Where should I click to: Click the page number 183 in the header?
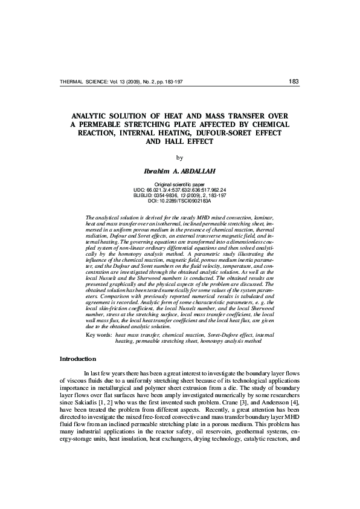[294, 81]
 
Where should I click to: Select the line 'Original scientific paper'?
[179, 183]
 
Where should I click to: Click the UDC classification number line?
[179, 189]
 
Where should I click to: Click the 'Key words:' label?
[99, 334]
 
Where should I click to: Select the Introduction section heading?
[77, 359]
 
